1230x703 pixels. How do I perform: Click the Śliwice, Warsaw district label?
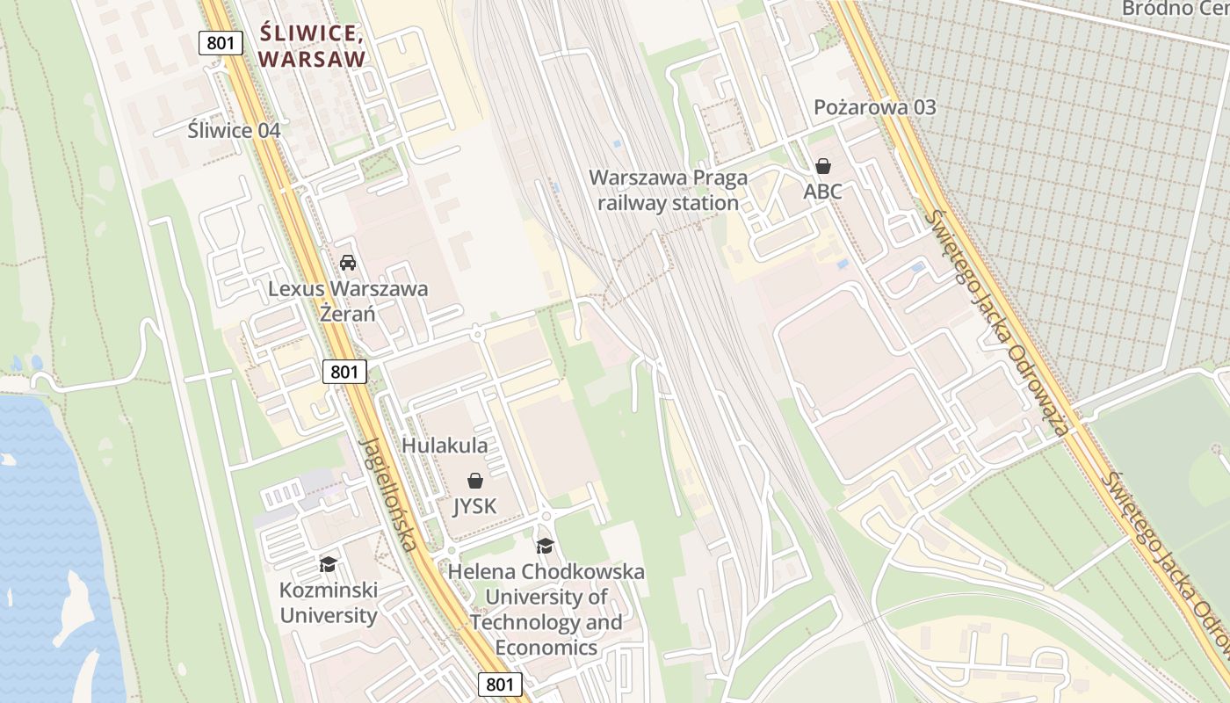click(313, 47)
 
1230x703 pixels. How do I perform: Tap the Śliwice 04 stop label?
click(234, 131)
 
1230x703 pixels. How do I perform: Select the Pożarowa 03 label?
click(874, 107)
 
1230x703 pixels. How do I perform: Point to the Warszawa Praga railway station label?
click(668, 190)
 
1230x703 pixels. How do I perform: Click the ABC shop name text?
click(822, 191)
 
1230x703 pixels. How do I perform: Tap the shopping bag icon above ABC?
click(823, 166)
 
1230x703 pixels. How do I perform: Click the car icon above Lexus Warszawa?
click(348, 263)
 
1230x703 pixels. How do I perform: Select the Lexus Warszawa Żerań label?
click(348, 301)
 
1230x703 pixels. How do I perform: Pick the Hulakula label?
click(445, 446)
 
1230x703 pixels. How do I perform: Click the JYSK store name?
click(474, 506)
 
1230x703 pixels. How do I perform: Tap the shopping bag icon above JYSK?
click(475, 481)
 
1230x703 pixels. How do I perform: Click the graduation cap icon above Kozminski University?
click(329, 564)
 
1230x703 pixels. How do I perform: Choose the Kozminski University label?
click(329, 602)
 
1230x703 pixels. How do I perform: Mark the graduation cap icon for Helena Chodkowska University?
click(546, 547)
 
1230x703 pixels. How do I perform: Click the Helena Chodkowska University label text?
click(546, 609)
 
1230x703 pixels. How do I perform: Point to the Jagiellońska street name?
click(388, 494)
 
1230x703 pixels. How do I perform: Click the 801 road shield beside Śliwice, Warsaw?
click(220, 42)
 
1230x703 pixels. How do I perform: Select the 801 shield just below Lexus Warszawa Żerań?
click(344, 372)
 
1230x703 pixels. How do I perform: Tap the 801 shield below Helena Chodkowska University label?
click(501, 685)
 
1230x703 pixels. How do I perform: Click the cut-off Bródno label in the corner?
click(1174, 9)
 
